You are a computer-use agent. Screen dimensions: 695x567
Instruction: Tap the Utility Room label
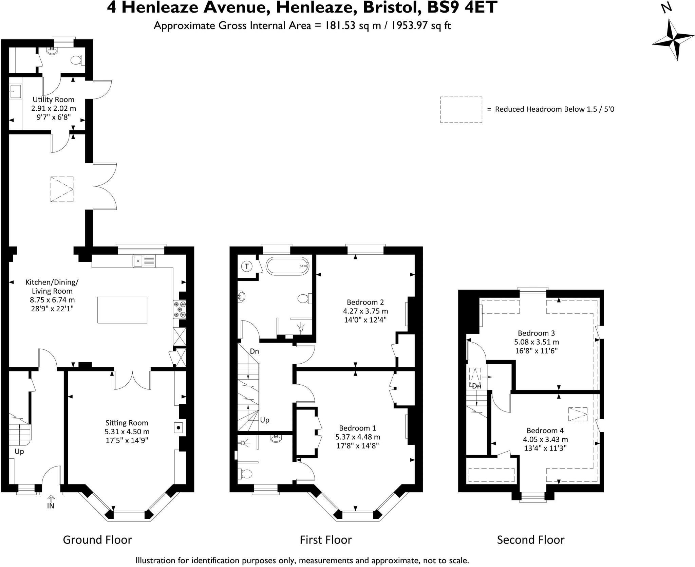tap(53, 99)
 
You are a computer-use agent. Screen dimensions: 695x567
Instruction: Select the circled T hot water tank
tap(247, 267)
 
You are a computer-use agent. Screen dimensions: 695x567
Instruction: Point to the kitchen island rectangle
tap(123, 310)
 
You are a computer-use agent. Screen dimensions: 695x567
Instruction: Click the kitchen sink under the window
tap(144, 261)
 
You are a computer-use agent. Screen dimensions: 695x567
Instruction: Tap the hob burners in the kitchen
tap(180, 309)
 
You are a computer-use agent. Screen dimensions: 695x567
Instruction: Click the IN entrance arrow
tap(51, 498)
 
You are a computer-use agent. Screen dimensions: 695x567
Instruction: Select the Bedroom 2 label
tap(365, 302)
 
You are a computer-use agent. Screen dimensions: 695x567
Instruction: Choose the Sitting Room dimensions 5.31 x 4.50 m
tap(127, 432)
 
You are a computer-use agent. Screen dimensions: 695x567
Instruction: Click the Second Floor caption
tap(530, 539)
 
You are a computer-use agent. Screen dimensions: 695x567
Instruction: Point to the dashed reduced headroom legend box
tap(461, 109)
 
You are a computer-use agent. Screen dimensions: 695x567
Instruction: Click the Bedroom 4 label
tap(545, 431)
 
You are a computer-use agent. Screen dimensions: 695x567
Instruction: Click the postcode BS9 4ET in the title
tap(462, 7)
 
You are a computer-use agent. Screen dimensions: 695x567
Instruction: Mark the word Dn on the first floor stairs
tap(255, 351)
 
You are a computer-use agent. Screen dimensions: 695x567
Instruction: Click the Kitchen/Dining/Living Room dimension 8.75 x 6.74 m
tap(52, 300)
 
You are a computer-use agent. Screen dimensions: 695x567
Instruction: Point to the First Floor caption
tap(325, 539)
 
